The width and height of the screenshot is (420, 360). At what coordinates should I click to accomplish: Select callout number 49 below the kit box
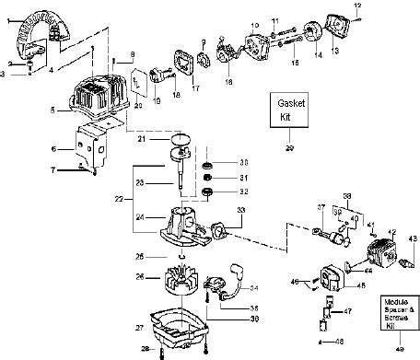point(398,350)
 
